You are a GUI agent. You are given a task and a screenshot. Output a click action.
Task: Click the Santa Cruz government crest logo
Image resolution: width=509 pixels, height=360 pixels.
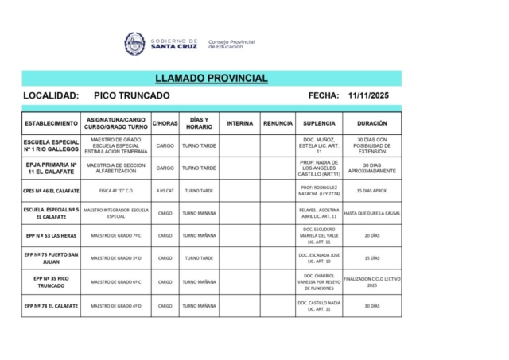134,44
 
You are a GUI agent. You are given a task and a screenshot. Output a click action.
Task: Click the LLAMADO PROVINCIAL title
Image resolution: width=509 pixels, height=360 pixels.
212,79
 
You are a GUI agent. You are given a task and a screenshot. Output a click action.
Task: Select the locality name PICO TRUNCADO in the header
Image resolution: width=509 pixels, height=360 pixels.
132,96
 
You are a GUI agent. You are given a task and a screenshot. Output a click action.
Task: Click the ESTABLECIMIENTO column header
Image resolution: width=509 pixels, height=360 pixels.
51,124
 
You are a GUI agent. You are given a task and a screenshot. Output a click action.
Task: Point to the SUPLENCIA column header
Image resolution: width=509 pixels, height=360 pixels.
319,124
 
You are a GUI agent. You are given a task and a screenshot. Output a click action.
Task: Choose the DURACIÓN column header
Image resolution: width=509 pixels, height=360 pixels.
372,124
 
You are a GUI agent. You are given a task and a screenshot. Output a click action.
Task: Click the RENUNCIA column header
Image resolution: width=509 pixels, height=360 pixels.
278,124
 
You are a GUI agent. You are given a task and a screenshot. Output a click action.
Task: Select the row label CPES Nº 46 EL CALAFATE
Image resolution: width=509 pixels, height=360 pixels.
51,191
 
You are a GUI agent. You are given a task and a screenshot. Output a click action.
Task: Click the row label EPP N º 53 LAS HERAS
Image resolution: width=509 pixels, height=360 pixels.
51,235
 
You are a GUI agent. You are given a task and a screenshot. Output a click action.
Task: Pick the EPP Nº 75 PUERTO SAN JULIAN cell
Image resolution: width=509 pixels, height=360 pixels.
51,257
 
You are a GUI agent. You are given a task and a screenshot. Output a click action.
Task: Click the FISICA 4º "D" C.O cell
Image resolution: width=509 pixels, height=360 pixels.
116,191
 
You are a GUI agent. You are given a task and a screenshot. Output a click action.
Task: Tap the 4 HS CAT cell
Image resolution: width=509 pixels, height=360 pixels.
165,191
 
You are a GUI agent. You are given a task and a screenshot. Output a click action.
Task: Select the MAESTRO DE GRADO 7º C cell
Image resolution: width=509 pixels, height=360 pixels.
116,235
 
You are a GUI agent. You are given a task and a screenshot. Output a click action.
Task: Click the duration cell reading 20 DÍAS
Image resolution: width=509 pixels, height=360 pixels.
372,235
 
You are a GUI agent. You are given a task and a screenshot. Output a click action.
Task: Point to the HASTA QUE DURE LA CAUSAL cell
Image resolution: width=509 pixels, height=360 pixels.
372,213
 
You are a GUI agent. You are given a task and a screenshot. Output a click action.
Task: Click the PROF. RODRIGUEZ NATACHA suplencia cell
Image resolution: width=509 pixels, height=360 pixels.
319,191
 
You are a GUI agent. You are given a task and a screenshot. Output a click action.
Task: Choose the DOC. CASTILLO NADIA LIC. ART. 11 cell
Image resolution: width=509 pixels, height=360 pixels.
319,306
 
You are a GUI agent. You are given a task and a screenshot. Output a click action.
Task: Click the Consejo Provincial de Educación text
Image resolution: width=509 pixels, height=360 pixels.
231,45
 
